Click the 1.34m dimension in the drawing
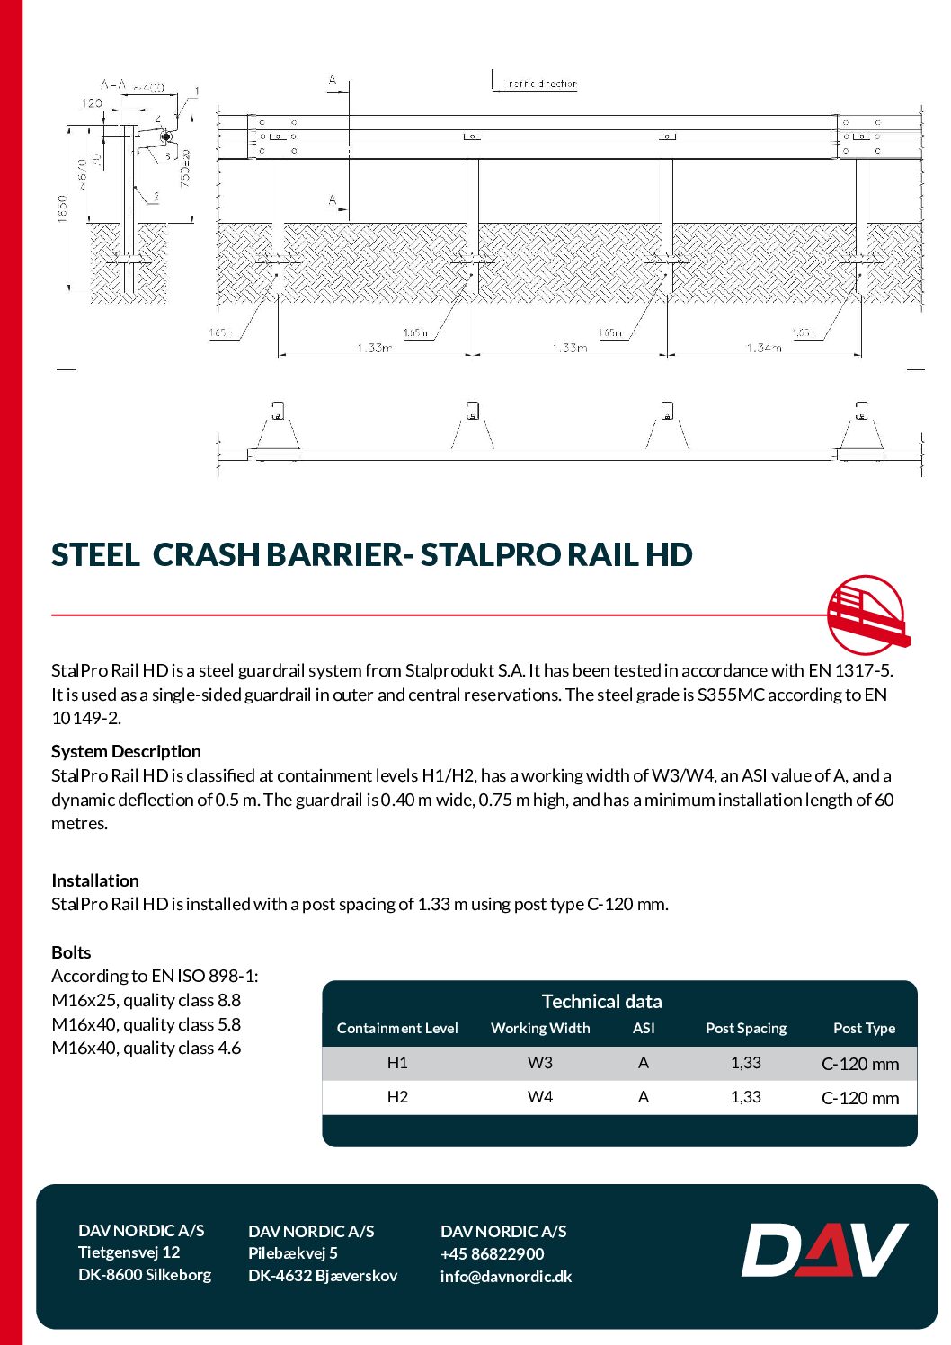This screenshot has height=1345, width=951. coord(763,348)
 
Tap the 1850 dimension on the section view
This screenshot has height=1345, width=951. coord(62,209)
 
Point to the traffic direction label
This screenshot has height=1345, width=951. coord(542,84)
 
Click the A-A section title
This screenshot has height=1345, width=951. coord(113,84)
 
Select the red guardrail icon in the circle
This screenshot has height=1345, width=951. coord(867,615)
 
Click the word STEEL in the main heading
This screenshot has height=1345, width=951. coord(95,555)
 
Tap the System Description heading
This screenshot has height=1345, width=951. coord(126,751)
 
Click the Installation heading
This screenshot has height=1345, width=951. coord(95,880)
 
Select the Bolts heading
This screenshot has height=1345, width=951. coord(71,952)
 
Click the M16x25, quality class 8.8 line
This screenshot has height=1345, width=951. coord(147,1000)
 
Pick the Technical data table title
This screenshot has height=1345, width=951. coord(601,1001)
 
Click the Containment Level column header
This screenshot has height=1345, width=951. coord(397,1028)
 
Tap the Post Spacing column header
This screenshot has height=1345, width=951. coord(746,1028)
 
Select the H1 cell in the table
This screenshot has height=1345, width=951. coord(397,1063)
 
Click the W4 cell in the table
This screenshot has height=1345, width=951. coord(540,1097)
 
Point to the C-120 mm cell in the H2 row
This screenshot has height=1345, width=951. coord(860,1098)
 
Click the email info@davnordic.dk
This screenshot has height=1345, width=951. coord(506,1276)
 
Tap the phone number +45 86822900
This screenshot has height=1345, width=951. coord(493,1253)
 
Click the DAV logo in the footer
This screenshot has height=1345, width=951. coord(824,1250)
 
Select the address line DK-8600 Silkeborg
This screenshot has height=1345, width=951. coord(145,1274)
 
